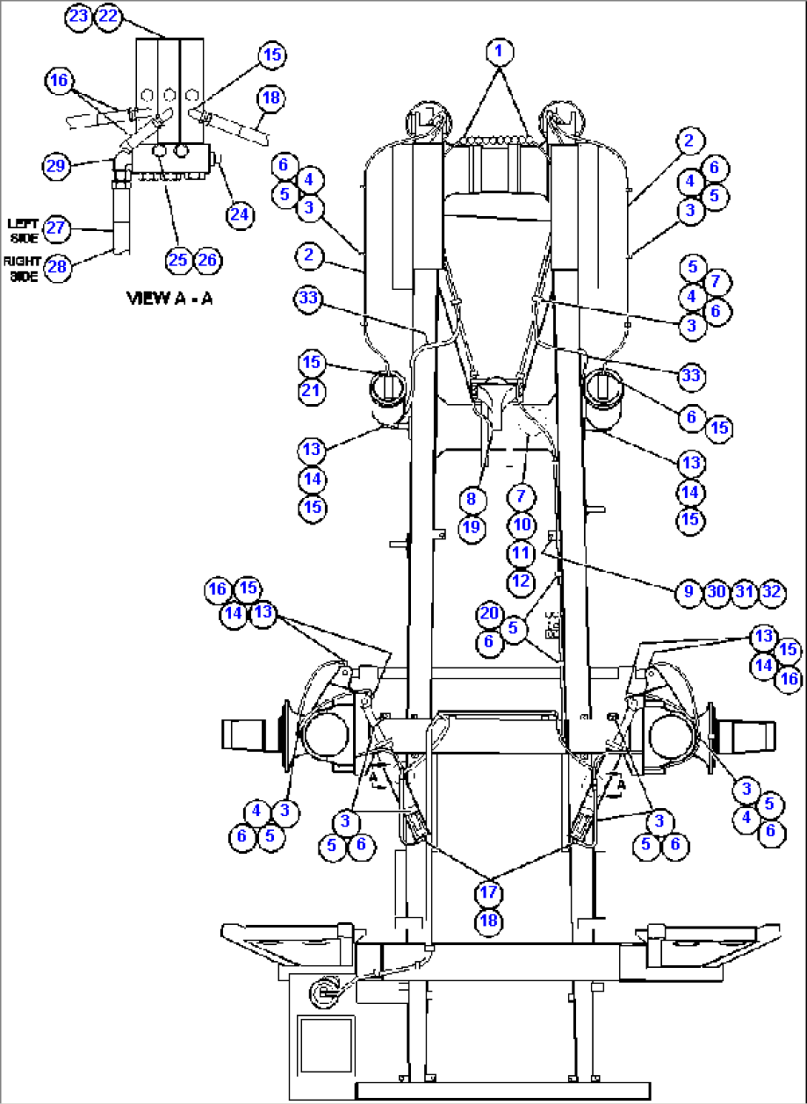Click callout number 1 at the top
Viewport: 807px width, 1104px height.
click(x=499, y=51)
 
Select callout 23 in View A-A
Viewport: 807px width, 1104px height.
click(x=78, y=16)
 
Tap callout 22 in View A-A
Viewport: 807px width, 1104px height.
click(x=108, y=16)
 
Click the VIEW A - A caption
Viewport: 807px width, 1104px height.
click(x=170, y=298)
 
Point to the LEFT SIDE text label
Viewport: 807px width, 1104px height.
click(x=23, y=230)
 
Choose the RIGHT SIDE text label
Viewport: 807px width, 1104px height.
click(x=22, y=268)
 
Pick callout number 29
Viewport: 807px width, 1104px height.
click(x=56, y=166)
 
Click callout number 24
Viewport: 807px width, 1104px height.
click(x=239, y=215)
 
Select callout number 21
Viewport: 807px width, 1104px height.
click(x=311, y=391)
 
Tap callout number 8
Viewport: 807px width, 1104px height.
click(x=472, y=499)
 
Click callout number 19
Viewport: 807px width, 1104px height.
click(x=472, y=528)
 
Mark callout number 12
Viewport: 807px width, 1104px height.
click(x=521, y=581)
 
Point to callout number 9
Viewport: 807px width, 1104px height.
click(x=689, y=592)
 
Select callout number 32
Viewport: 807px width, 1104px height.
click(x=771, y=592)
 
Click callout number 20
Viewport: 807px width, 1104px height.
click(x=489, y=613)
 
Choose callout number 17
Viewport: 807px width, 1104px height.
click(x=489, y=892)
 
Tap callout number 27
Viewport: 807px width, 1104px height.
click(x=56, y=228)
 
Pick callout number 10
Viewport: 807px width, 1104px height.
click(x=522, y=525)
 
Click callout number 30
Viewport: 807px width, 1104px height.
click(x=716, y=592)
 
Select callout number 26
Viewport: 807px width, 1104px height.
click(x=207, y=260)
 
